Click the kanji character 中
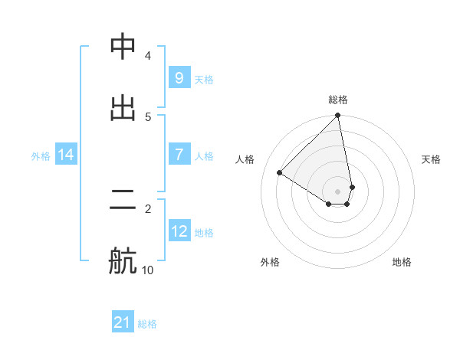[123, 48]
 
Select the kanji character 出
[123, 108]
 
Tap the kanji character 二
[123, 201]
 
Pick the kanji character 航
[123, 260]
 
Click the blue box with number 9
[179, 78]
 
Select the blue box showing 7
[179, 155]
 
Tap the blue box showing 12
[179, 231]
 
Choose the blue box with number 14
[66, 155]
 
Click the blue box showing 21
[123, 322]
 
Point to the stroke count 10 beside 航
[147, 270]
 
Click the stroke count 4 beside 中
[148, 56]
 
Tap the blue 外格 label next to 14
[41, 155]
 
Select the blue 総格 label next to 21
[147, 324]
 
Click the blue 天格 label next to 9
[204, 79]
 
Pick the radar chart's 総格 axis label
[338, 100]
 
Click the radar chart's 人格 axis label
[245, 159]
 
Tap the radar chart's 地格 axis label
[402, 262]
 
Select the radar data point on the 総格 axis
[338, 116]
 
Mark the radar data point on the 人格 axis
[280, 173]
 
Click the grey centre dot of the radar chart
[338, 191]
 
